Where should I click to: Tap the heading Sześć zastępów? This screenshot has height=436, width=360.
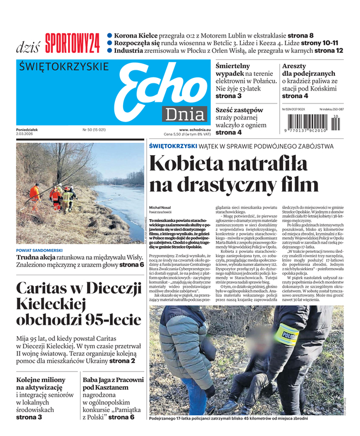tap(239, 110)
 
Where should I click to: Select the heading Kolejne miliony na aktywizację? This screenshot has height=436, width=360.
tap(41, 383)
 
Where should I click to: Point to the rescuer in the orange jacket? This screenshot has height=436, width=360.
tap(34, 192)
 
